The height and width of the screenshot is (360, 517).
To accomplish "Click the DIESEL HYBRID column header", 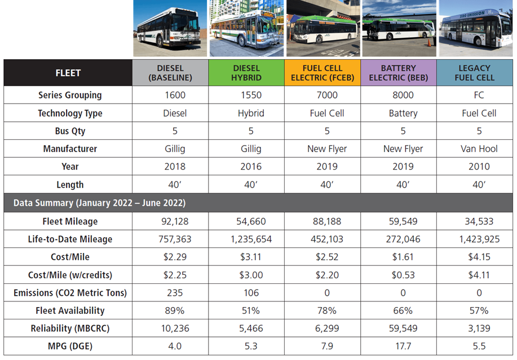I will click(x=246, y=73).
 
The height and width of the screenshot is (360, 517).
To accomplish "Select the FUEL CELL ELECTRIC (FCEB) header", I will click(x=323, y=73).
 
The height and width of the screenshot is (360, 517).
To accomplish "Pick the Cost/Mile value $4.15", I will click(x=479, y=257).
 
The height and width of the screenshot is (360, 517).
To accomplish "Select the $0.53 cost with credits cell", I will click(x=403, y=275).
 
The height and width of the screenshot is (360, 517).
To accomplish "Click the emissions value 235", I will click(x=175, y=292).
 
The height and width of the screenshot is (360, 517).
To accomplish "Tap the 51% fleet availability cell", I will click(x=251, y=310).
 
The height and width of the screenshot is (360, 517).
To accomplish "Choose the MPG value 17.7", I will click(x=403, y=346).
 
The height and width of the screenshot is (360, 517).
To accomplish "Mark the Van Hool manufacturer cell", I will click(x=479, y=149).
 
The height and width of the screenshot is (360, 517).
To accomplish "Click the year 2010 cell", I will click(x=479, y=167).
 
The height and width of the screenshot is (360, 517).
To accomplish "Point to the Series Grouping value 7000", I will click(x=327, y=95).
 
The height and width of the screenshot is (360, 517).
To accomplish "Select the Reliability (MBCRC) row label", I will click(x=69, y=328).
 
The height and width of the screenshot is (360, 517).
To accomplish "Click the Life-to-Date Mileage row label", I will click(x=70, y=239).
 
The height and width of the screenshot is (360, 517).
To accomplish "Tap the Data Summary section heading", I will click(x=99, y=203).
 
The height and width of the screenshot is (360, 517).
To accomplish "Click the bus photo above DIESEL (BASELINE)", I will click(x=169, y=29).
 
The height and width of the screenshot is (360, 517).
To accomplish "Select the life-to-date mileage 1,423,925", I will click(x=479, y=239).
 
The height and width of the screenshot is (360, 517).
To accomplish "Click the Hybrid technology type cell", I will click(x=251, y=113).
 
